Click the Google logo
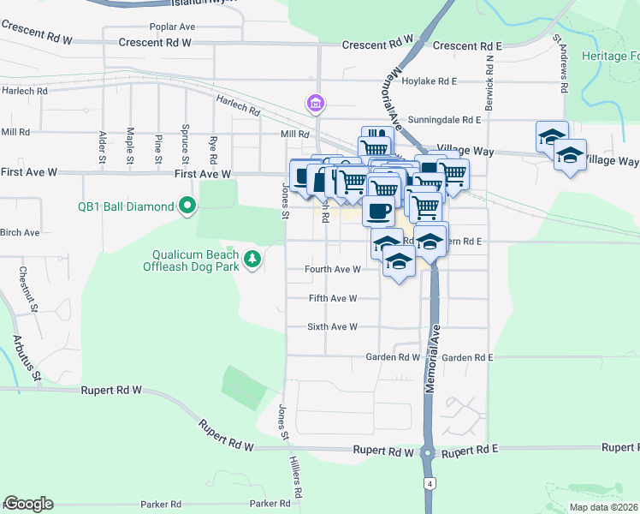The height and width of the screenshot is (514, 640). point(28,504)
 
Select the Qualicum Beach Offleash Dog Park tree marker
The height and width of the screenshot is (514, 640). point(252,259)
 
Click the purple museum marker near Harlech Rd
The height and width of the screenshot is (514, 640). point(316,105)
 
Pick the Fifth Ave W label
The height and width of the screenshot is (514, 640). point(332,298)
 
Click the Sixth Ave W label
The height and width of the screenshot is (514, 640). point(332,327)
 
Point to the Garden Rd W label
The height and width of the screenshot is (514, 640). point(393,357)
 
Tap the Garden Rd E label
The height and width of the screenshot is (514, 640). point(467,357)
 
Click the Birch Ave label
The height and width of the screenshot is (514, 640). point(20,232)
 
